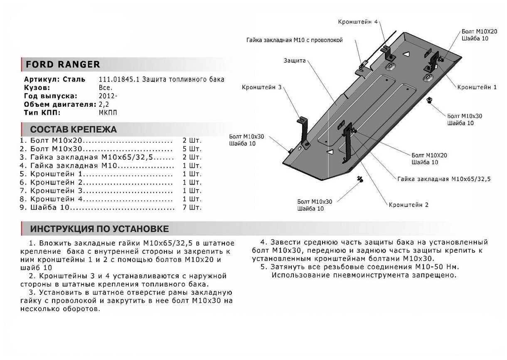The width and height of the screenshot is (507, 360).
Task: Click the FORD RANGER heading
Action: [63, 64]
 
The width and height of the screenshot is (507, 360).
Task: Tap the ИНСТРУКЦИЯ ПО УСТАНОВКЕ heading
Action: [99, 229]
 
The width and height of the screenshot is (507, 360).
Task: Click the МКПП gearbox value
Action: [107, 112]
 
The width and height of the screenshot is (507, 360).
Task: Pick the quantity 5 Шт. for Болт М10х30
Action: [192, 149]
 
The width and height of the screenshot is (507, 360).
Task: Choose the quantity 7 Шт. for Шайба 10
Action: [192, 207]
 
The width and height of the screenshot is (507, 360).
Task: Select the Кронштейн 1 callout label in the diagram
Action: [477, 88]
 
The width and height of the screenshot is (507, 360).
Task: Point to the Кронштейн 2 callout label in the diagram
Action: [409, 205]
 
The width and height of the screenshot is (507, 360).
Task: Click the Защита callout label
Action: [295, 60]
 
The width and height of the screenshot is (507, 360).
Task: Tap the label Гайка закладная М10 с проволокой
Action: [294, 40]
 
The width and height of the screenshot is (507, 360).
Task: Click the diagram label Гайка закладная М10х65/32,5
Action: [444, 179]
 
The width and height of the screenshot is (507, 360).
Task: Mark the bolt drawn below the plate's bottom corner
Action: [359, 179]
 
